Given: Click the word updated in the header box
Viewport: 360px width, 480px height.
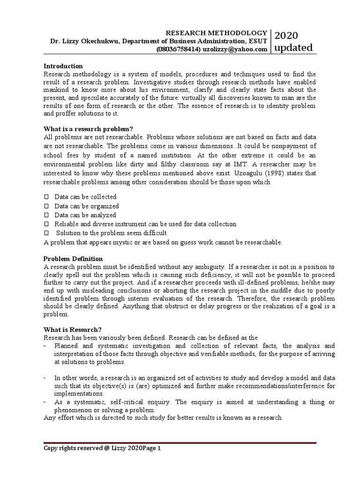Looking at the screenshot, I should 293,48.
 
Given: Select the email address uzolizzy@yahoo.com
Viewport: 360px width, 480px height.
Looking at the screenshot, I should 235,49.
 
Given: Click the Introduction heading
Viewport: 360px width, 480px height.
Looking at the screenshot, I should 63,66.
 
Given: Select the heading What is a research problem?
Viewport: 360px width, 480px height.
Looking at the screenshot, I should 88,129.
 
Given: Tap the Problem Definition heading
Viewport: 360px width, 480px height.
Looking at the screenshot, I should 73,259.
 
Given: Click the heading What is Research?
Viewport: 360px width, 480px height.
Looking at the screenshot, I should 73,329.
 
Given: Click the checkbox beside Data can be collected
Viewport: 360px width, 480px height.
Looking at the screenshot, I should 46,197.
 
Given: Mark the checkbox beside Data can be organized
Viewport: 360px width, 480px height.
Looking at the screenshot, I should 46,206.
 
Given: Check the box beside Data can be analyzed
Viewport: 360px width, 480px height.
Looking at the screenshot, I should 46,215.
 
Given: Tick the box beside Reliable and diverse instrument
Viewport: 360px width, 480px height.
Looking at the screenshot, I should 46,224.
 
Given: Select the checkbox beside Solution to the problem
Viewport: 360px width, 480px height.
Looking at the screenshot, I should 46,233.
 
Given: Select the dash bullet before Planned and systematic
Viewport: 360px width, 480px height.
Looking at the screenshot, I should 45,346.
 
